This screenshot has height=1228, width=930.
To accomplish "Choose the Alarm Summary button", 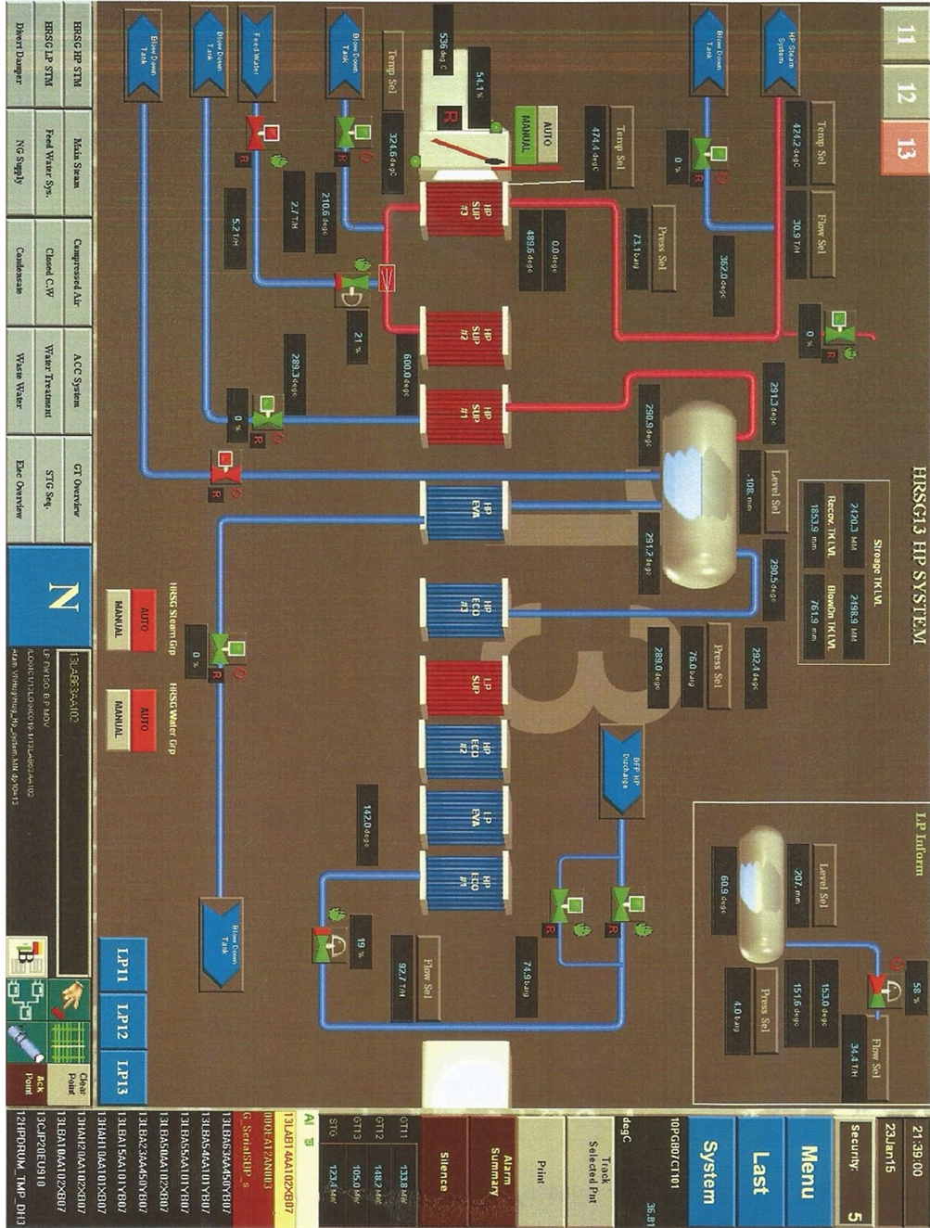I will (493, 1170).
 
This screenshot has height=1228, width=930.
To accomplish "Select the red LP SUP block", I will (464, 686).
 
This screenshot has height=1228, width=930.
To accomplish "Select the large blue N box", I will (50, 597).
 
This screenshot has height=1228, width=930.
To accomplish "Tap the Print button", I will (541, 1170).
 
